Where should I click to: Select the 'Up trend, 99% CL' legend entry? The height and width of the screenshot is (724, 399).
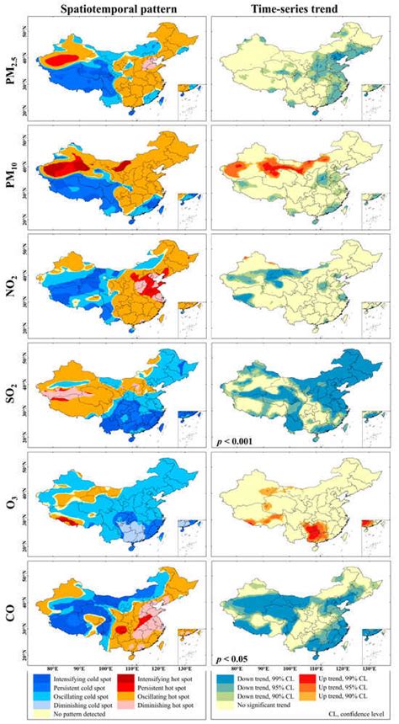(x=354, y=677)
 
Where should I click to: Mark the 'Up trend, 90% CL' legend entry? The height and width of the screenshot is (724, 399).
(x=354, y=697)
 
